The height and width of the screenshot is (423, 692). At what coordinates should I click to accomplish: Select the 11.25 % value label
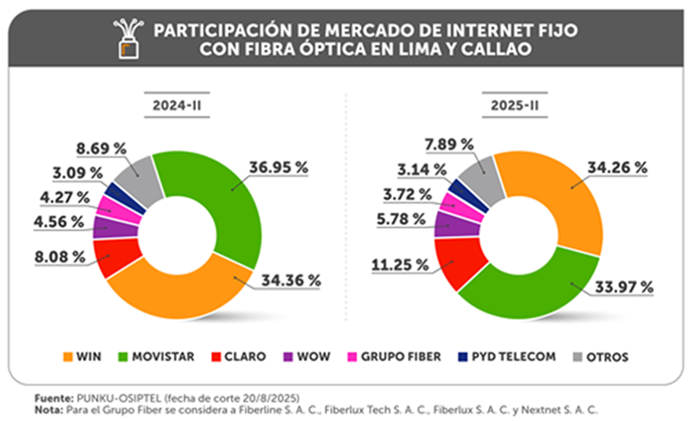[397, 264]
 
